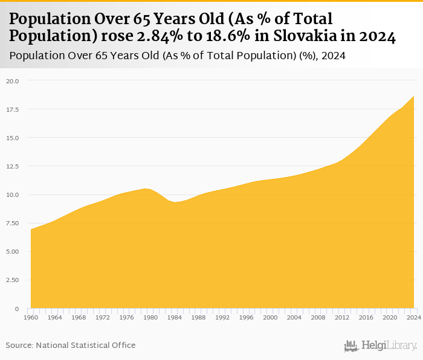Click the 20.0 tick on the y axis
[13, 81]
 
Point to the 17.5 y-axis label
[13, 109]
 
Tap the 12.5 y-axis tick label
[13, 166]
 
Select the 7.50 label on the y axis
[13, 223]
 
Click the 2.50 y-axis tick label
[13, 280]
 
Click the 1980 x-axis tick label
[150, 317]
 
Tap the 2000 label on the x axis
[270, 317]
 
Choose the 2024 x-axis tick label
[413, 317]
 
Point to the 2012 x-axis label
[342, 317]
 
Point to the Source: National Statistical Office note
[71, 346]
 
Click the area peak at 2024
[414, 97]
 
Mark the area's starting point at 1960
[31, 230]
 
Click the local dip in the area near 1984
[175, 202]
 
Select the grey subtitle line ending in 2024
[181, 56]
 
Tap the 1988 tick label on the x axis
[198, 317]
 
